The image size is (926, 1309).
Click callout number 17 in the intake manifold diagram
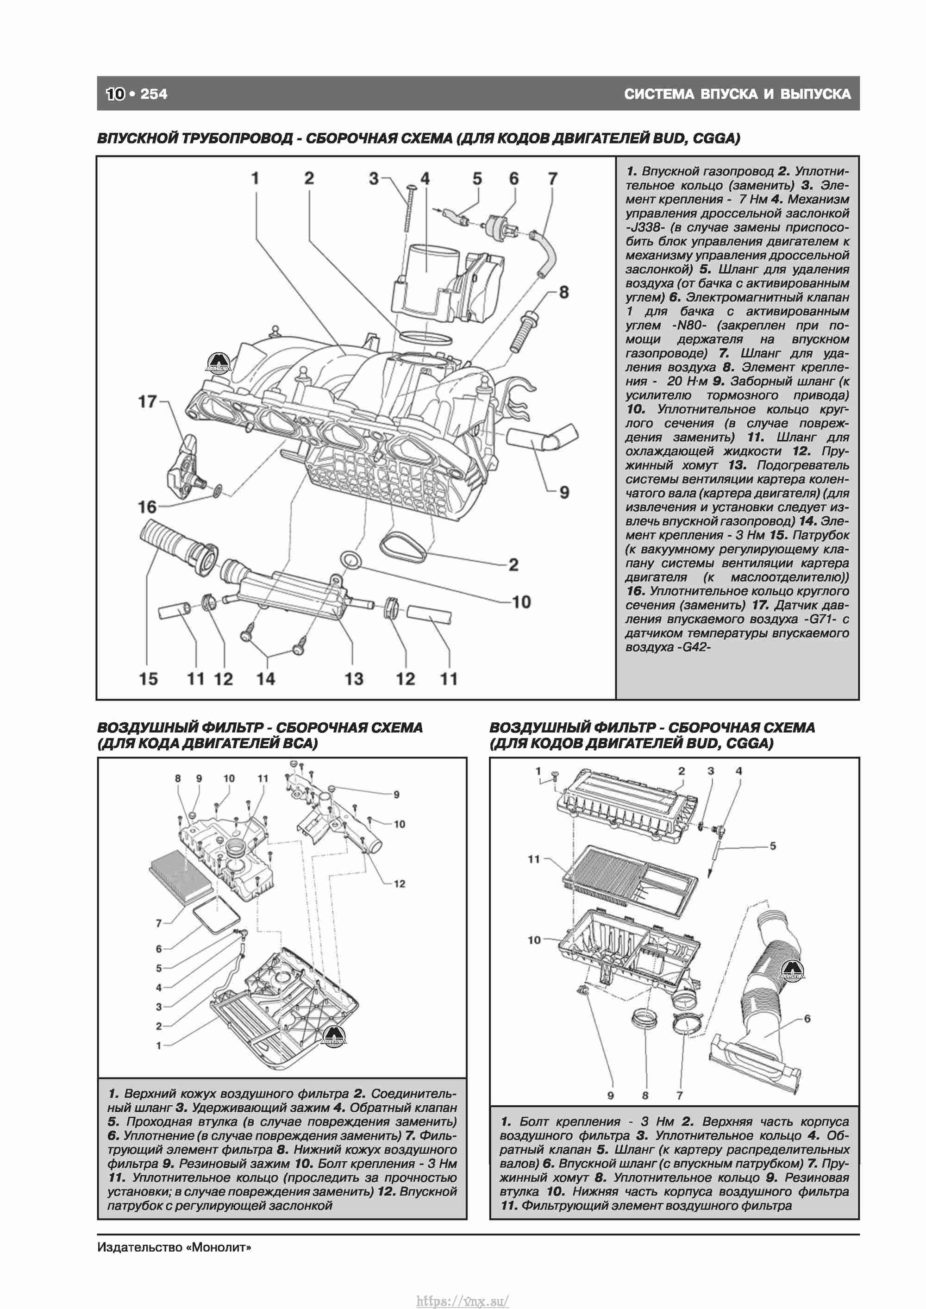pos(147,402)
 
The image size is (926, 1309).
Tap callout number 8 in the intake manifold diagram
pos(563,293)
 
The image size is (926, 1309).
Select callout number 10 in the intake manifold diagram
pos(521,602)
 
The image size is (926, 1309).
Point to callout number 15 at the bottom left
pos(148,679)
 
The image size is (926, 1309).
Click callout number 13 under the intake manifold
pos(354,679)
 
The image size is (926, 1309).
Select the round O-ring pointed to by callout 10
pos(350,560)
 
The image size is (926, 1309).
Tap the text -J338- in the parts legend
pos(645,227)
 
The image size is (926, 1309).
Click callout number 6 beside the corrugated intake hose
pos(807,1019)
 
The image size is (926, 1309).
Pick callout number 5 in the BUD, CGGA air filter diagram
pos(773,846)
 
